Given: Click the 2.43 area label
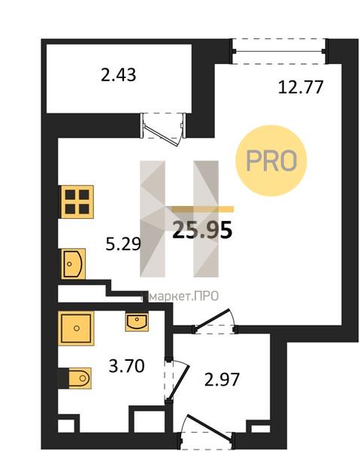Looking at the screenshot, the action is point(119,75).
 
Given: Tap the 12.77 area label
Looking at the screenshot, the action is point(301,87).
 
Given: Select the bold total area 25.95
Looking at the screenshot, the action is point(202,230).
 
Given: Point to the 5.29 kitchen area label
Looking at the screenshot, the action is point(123,244).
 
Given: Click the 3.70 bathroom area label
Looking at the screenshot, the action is point(126,367).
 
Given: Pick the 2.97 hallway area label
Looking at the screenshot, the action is point(222,380).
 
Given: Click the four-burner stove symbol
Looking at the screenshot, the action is point(77,201).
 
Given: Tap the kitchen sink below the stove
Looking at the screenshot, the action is point(74,264).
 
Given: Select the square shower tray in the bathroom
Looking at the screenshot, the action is point(76,328).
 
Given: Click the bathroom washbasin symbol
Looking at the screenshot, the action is point(137,322).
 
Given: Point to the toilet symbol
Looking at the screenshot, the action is point(80,378).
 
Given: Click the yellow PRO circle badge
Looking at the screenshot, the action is point(271,161).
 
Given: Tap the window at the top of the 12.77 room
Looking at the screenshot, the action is point(279,51).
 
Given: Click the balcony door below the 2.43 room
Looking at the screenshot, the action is point(163,126).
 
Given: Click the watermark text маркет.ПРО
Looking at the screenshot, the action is point(183,296).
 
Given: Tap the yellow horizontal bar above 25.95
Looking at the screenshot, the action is point(203,209).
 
